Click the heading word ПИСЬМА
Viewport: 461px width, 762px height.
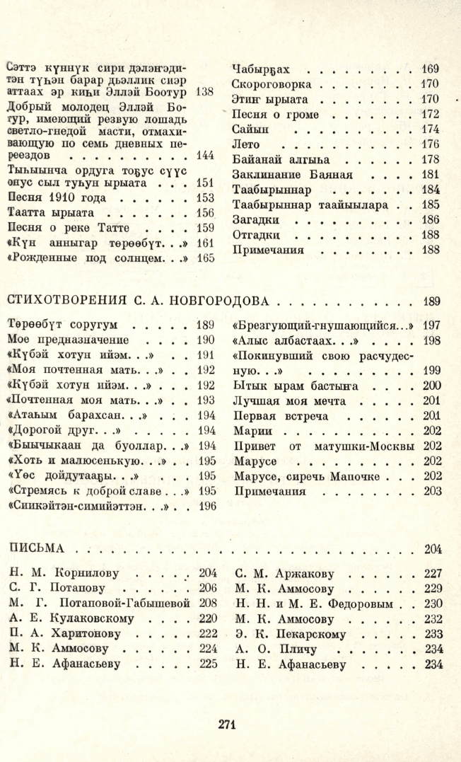[36, 548]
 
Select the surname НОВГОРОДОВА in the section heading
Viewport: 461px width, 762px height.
[225, 301]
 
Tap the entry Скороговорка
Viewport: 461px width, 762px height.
[269, 84]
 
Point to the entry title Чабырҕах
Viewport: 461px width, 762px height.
[261, 69]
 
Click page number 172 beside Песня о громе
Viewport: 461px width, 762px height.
[431, 115]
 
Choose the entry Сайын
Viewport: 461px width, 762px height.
[248, 130]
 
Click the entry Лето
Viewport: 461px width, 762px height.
[246, 146]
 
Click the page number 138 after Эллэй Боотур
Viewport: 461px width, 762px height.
[204, 93]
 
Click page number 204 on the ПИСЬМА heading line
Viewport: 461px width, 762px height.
[432, 549]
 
